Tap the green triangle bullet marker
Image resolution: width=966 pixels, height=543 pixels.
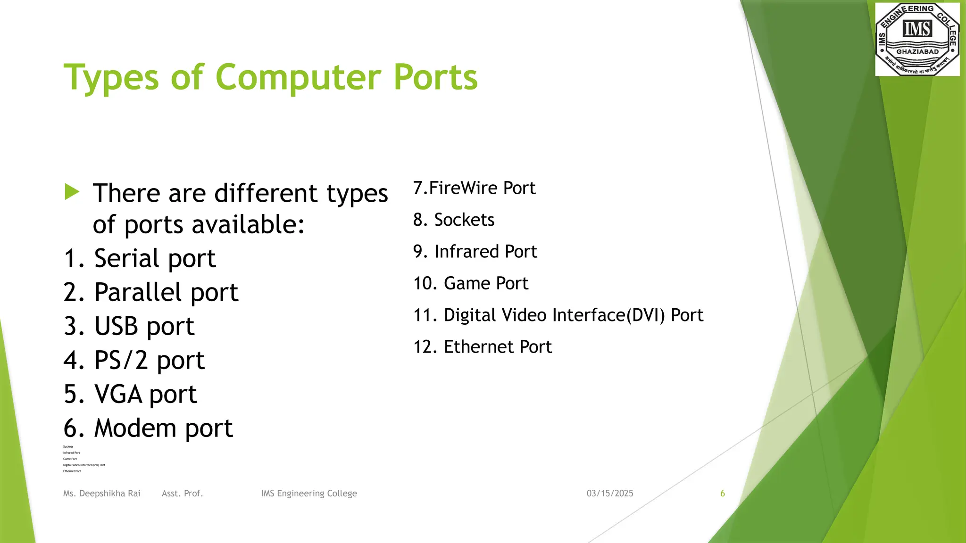coord(72,192)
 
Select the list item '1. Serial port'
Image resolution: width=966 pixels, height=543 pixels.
coord(140,258)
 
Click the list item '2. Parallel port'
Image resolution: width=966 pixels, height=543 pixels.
coord(151,292)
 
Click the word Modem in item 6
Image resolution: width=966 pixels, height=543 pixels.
coord(135,428)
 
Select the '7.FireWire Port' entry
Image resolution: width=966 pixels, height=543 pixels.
coord(474,188)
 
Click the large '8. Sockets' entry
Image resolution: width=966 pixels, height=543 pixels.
coord(454,220)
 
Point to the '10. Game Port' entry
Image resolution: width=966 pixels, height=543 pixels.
coord(471,283)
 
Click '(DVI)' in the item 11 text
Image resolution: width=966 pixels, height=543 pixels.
coord(646,315)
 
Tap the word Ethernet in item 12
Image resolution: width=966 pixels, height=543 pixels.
coord(479,347)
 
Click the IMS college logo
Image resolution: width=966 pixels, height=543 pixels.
coord(917,39)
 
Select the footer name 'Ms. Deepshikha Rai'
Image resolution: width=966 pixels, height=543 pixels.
coord(102,494)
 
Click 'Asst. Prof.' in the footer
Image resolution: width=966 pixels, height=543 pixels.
coord(182,494)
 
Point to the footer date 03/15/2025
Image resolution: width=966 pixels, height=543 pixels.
coord(610,494)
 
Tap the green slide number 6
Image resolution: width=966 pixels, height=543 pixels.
coord(722,494)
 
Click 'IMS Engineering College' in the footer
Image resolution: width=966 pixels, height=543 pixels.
coord(309,494)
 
